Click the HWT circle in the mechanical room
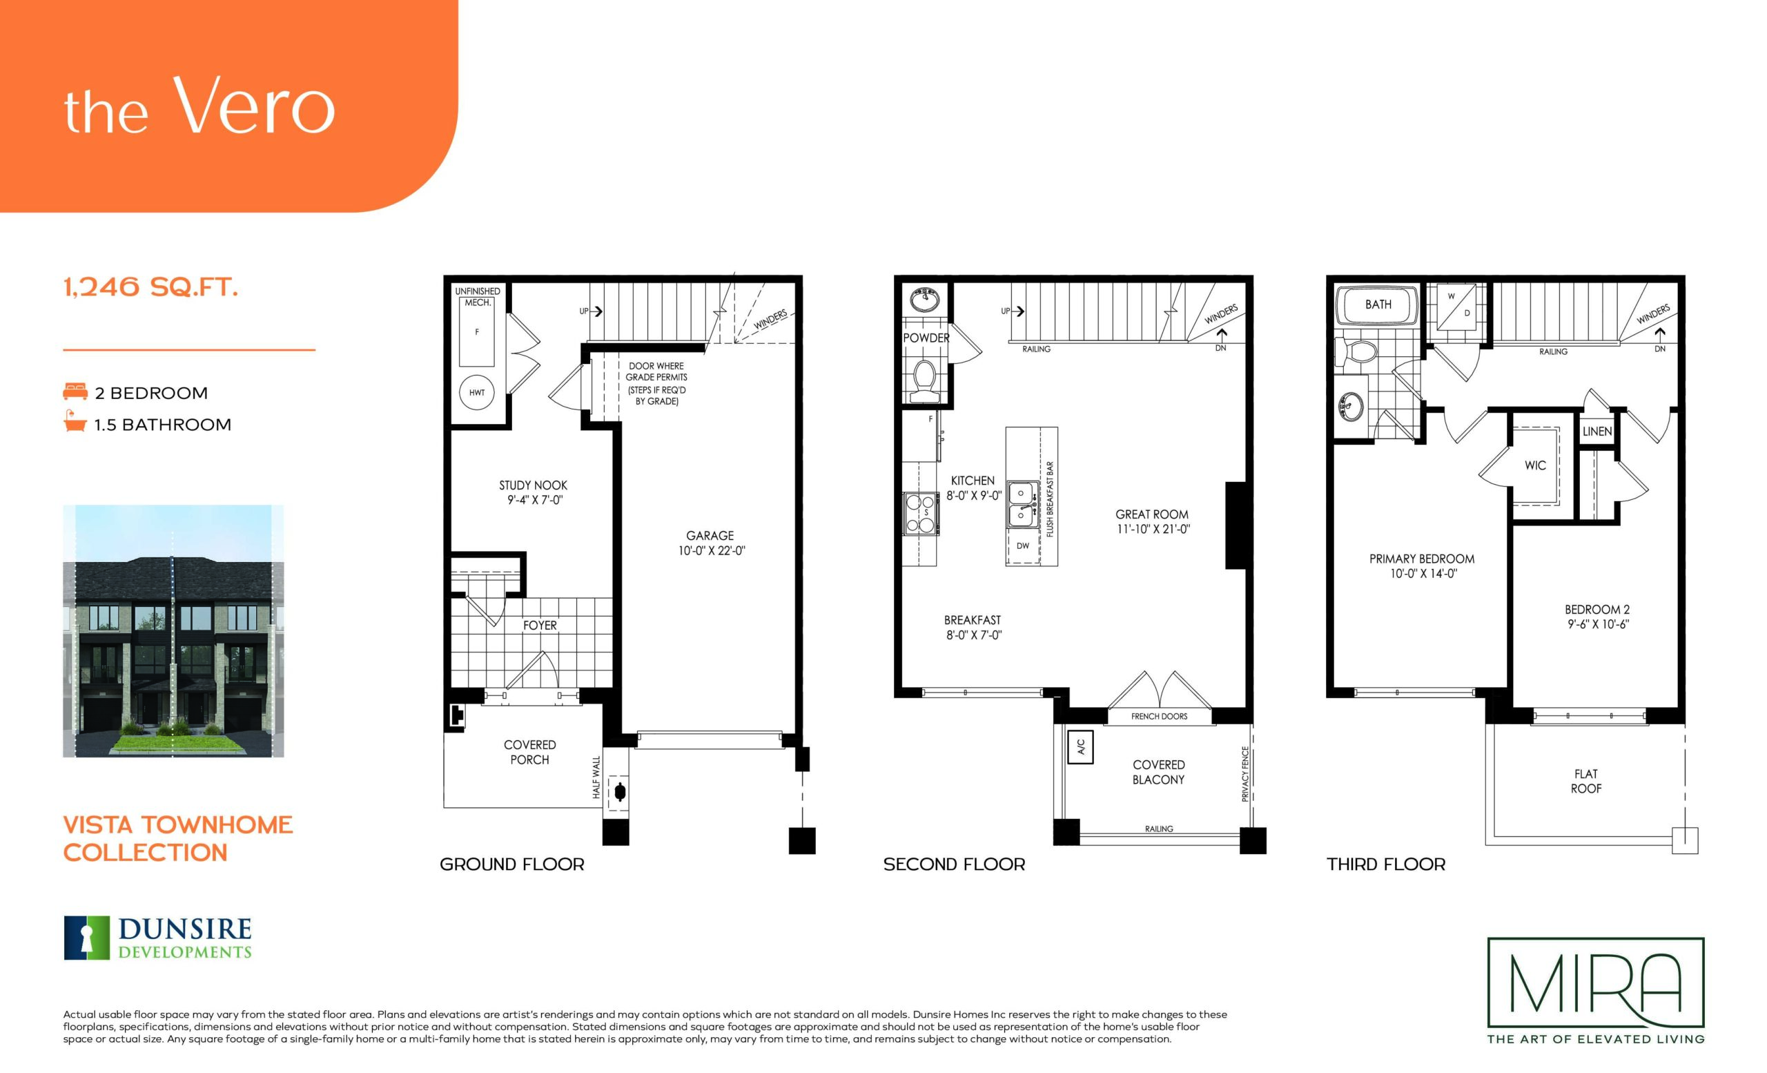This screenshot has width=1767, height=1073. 477,392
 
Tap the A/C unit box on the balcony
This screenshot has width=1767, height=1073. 1081,747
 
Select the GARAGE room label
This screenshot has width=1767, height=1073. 710,536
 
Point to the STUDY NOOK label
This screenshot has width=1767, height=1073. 533,485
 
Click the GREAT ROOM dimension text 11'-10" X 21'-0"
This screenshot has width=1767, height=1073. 1153,530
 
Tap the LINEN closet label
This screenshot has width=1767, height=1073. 1597,431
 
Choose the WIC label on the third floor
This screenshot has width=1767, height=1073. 1534,465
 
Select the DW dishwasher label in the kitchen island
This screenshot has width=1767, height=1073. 1023,546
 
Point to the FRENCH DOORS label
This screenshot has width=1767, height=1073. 1159,716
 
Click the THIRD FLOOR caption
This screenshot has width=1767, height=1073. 1385,864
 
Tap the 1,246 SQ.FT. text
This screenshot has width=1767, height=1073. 150,288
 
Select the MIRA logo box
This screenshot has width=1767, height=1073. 1596,983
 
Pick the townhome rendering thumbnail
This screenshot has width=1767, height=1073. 173,631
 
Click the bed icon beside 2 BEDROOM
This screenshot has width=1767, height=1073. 75,391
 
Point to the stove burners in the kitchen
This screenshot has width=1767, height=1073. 921,513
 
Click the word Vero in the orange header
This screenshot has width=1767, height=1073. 254,106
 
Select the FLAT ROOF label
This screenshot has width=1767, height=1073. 1585,781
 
